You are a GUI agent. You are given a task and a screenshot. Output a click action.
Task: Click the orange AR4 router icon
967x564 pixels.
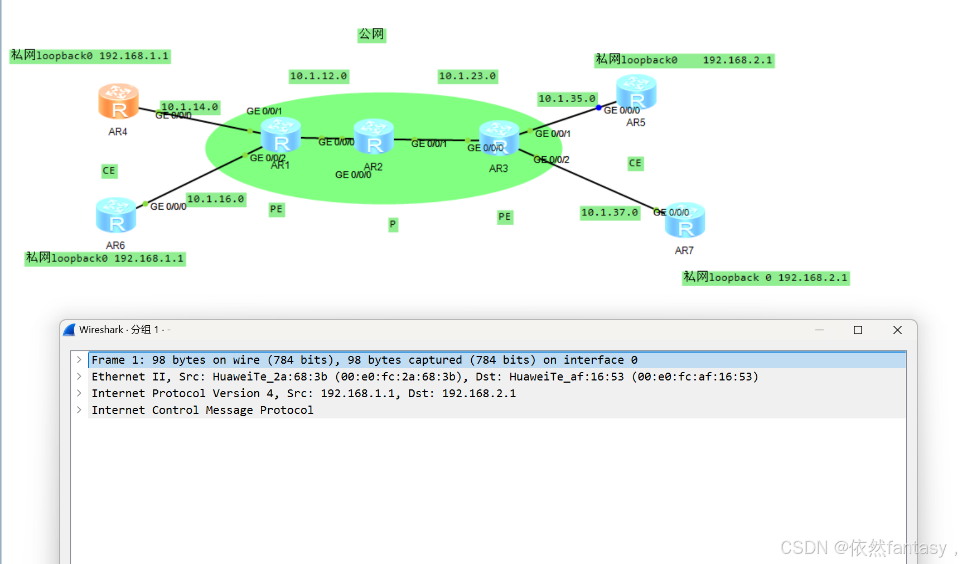pos(118,101)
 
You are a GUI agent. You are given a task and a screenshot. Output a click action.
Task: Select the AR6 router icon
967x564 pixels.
pos(116,215)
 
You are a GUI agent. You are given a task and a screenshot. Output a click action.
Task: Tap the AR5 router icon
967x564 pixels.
pos(636,92)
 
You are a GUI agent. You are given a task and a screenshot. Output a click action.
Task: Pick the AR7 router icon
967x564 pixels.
pos(685,220)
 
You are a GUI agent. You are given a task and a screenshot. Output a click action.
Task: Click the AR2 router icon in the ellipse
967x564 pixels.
pos(374,136)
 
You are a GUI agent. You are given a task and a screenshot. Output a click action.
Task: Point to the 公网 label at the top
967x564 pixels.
pos(371,35)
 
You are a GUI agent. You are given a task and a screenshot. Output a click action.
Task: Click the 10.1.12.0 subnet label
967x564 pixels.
pos(318,76)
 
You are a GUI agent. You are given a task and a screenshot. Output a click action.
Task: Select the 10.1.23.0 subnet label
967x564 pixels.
pos(467,76)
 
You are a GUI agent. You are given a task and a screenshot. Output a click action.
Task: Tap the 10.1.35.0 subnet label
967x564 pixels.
pos(567,99)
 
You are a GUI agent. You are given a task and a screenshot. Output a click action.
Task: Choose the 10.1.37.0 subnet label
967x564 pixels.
pos(610,213)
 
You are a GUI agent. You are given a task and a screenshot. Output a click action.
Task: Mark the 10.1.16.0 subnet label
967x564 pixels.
pos(216,199)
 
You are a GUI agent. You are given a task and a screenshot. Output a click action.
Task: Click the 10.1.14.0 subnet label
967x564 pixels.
pos(190,107)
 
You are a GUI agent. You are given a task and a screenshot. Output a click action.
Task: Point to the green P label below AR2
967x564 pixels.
pos(393,224)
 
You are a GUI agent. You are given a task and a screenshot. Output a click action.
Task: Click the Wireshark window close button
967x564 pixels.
pos(897,330)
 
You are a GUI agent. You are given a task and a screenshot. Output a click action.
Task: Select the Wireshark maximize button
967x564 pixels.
pos(858,330)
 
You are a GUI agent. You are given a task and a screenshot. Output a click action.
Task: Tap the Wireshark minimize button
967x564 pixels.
pos(819,330)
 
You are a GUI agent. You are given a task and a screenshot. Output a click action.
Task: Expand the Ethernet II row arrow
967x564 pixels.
pos(79,377)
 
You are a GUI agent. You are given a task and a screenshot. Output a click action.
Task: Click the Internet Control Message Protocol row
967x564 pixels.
pos(202,410)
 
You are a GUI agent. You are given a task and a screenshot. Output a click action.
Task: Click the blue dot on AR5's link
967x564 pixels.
pos(598,108)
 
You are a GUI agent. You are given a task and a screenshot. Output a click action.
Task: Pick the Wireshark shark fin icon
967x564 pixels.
pos(69,330)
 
